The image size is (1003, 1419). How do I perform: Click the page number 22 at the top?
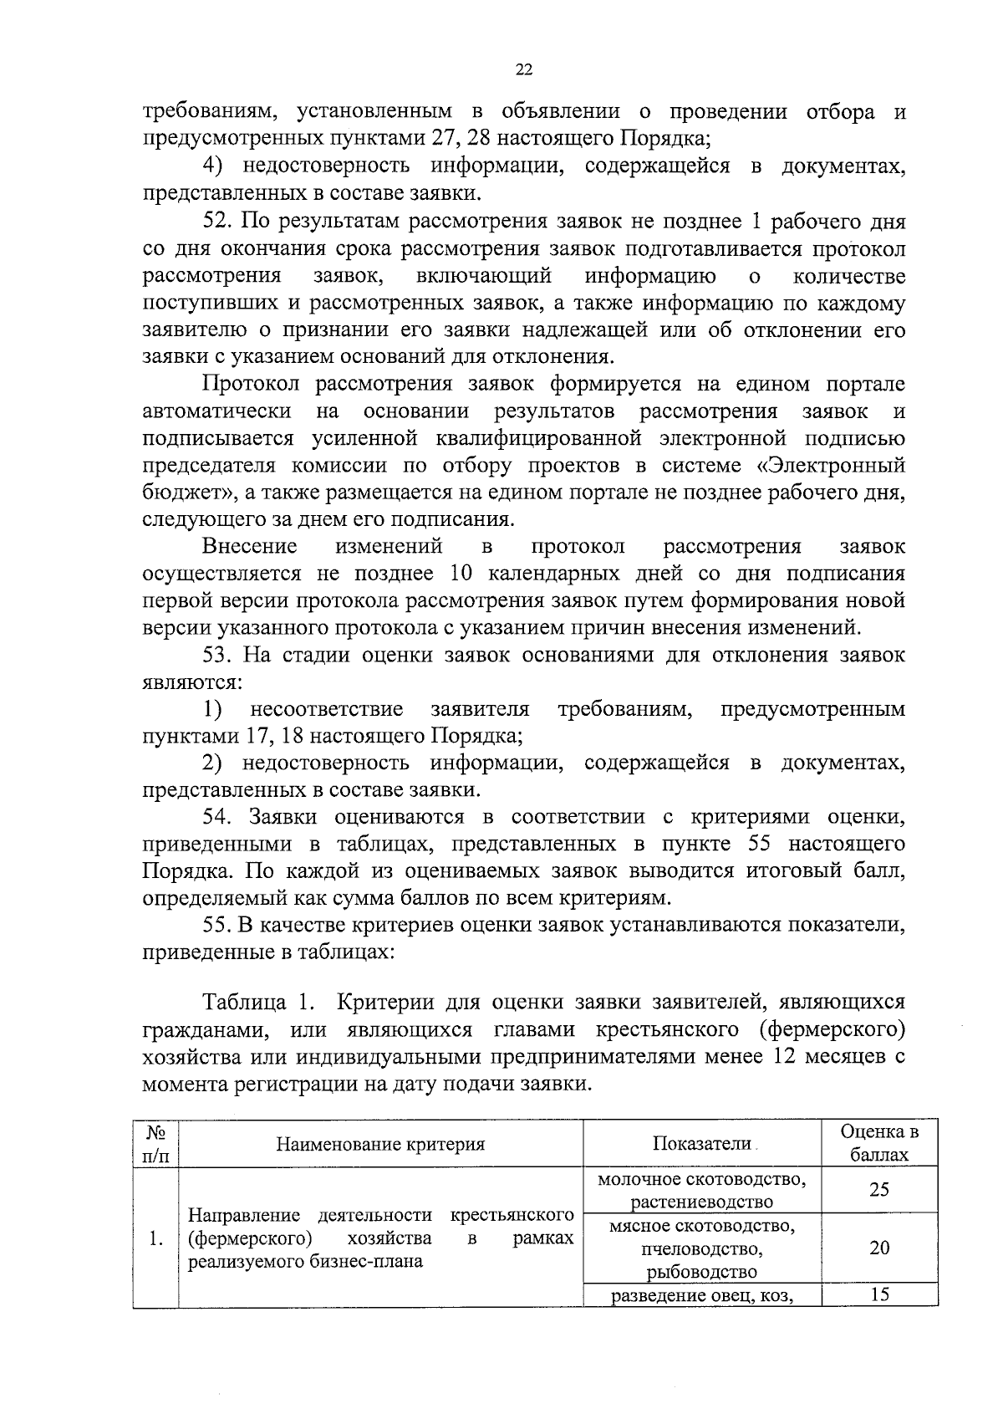[x=524, y=70]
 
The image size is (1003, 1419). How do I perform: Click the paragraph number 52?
[x=219, y=222]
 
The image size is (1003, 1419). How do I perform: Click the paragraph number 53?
[x=219, y=656]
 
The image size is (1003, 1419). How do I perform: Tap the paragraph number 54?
[x=219, y=818]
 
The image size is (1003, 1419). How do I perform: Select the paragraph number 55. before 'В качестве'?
[x=219, y=926]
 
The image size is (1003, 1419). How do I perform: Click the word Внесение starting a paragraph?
[x=249, y=547]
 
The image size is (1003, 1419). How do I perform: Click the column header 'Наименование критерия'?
[x=380, y=1145]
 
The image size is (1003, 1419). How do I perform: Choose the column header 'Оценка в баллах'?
[x=878, y=1144]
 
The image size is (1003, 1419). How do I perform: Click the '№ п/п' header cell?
[x=156, y=1144]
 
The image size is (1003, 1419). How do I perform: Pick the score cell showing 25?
[x=878, y=1190]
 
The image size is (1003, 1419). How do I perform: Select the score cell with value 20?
[x=878, y=1248]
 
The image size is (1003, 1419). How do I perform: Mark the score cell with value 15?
[x=878, y=1295]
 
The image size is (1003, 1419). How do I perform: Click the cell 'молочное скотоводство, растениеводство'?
[x=702, y=1191]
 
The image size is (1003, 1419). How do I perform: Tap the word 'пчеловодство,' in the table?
[x=702, y=1249]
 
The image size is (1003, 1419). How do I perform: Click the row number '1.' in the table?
[x=155, y=1239]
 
